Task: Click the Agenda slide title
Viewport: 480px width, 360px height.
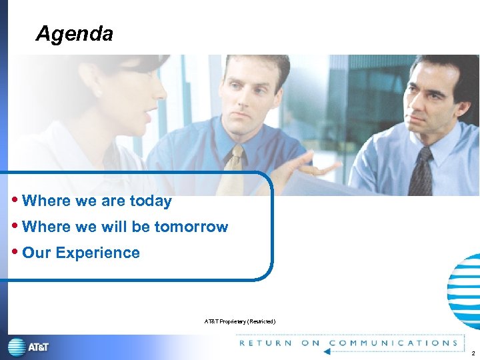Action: pos(74,33)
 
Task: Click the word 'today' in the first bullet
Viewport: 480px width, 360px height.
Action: pos(150,201)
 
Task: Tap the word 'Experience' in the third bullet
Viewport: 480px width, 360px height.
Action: pos(97,253)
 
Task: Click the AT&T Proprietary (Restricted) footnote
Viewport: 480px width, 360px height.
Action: pos(239,322)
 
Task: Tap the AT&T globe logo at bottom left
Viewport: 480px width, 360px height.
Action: pos(17,347)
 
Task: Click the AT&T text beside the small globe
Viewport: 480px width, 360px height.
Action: pos(38,347)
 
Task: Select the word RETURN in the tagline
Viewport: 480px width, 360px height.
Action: pos(265,343)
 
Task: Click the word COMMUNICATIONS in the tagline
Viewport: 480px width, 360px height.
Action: pos(393,343)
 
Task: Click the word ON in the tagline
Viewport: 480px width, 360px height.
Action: pos(310,343)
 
